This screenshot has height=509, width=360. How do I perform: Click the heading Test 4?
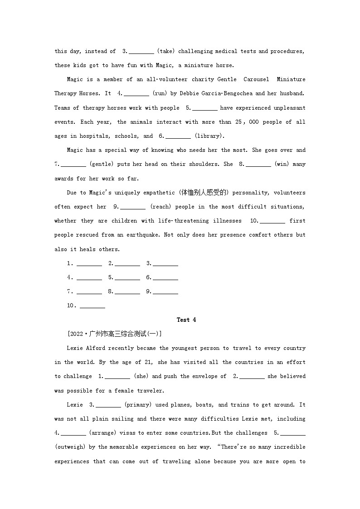click(x=186, y=320)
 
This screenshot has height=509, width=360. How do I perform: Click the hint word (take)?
click(x=166, y=51)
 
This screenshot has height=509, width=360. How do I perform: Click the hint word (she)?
click(x=141, y=376)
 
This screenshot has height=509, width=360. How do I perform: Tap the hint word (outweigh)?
click(x=70, y=447)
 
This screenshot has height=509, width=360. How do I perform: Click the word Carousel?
click(x=257, y=79)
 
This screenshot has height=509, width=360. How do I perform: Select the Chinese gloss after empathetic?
click(x=205, y=193)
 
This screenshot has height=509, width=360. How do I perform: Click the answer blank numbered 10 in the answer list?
click(x=92, y=305)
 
